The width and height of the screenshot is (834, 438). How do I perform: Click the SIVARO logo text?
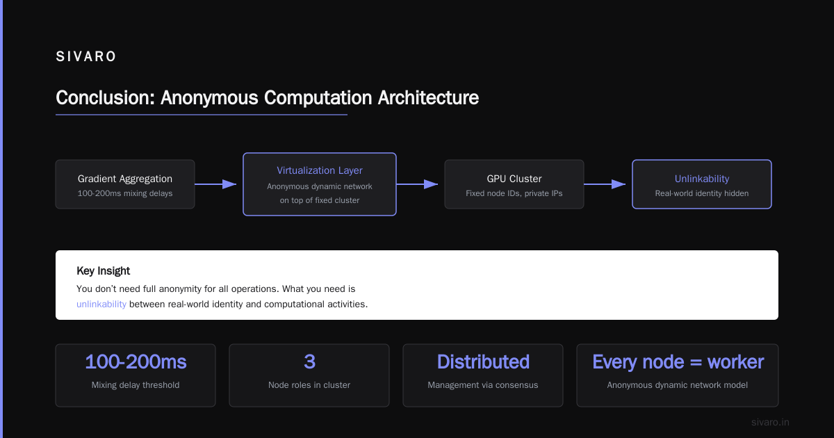click(x=85, y=56)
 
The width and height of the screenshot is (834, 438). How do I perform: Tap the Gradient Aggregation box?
click(x=125, y=184)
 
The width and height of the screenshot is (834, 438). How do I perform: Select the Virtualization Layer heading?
click(x=320, y=170)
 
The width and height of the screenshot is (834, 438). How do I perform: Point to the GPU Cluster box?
click(x=514, y=184)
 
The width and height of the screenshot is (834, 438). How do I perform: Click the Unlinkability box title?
click(x=702, y=179)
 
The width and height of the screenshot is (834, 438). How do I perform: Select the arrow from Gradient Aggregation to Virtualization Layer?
click(x=215, y=184)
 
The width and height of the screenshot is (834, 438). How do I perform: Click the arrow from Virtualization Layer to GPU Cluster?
click(x=418, y=184)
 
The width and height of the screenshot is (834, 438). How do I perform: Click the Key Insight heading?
click(x=103, y=270)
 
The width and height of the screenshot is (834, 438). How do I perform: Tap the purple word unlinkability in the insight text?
click(x=101, y=305)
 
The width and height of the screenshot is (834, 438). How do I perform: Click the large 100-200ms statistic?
click(x=136, y=362)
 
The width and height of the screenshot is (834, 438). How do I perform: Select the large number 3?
click(x=309, y=362)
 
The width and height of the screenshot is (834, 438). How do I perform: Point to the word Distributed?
click(x=483, y=362)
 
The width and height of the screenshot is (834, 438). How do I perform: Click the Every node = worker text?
click(x=678, y=362)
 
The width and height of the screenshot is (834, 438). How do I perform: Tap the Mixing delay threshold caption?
click(x=136, y=385)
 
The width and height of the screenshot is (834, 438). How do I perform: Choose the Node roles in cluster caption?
click(x=309, y=385)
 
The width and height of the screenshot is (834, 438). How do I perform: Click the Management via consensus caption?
click(x=483, y=385)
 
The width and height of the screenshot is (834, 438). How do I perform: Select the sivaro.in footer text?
click(x=770, y=423)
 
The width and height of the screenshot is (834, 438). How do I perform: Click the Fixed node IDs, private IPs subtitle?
click(x=514, y=193)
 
